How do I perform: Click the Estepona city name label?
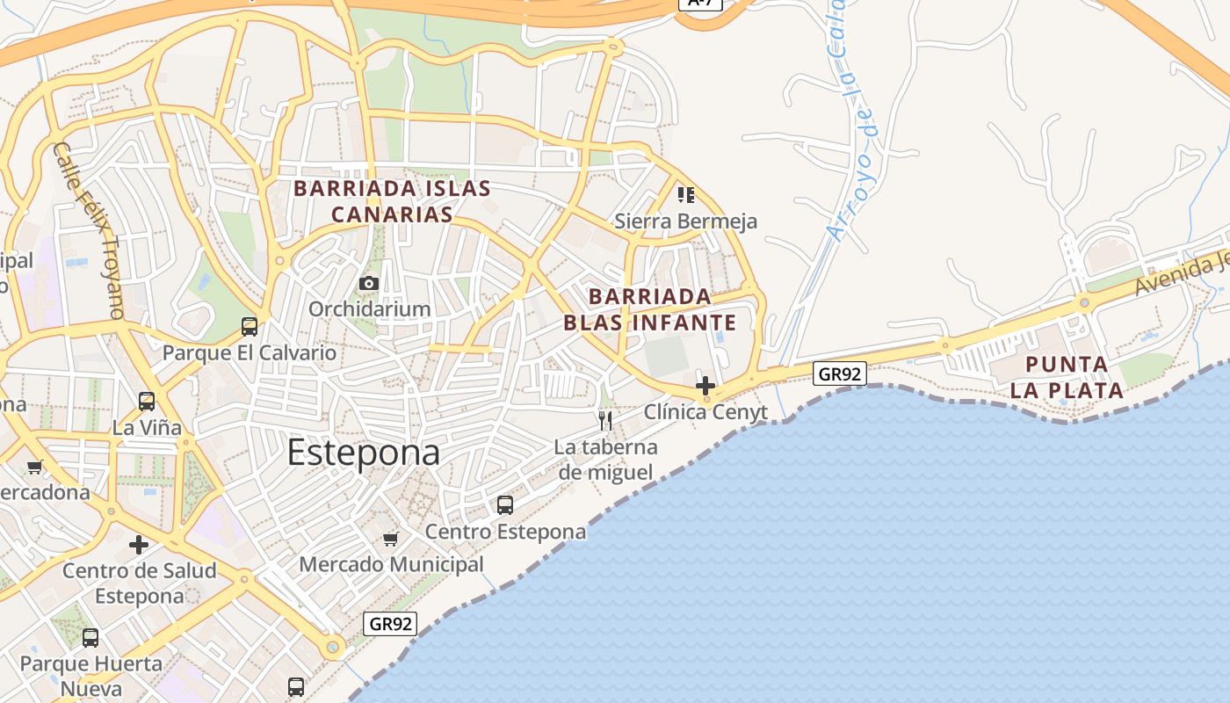pos(363,453)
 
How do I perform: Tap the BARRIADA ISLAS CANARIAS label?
pos(392,201)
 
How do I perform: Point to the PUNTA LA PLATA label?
pos(1067,377)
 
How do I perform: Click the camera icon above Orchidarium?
pos(369,283)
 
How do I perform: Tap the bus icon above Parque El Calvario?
pos(250,327)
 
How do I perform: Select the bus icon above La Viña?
pos(147,402)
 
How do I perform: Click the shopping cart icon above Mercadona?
pos(35,467)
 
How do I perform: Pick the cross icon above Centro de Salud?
pos(139,545)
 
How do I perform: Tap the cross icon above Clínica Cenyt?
pos(705,385)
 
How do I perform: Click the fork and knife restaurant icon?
pos(605,420)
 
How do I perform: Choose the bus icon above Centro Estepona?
pos(505,505)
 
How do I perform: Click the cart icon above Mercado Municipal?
pos(391,539)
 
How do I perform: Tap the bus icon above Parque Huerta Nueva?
pos(90,638)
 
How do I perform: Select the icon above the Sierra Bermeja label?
pos(685,194)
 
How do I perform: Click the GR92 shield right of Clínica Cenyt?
pos(839,374)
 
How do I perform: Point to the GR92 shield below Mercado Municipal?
pos(390,624)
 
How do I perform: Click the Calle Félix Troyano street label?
pos(88,230)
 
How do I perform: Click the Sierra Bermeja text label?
pos(685,221)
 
